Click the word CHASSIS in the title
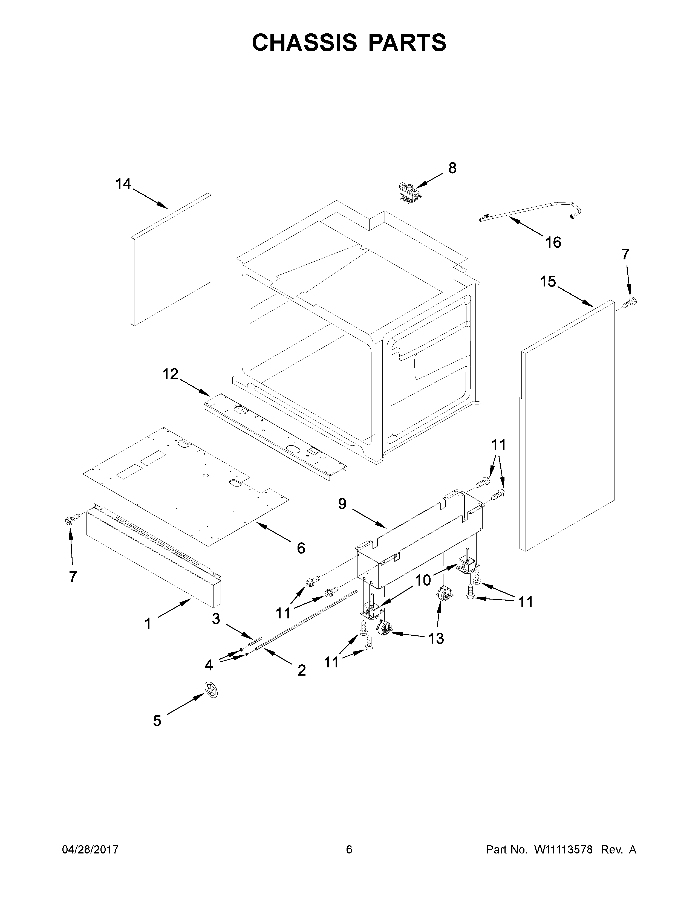pyautogui.click(x=304, y=43)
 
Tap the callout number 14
pyautogui.click(x=123, y=184)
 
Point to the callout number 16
pyautogui.click(x=553, y=242)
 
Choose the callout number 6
pyautogui.click(x=301, y=548)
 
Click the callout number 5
pyautogui.click(x=157, y=721)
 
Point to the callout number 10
pyautogui.click(x=423, y=580)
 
